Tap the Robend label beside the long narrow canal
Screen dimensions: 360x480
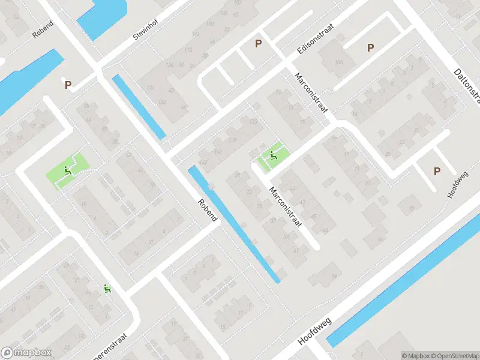coord(207,211)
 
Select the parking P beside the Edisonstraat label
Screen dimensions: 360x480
coord(259,43)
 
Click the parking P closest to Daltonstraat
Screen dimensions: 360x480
coord(371,47)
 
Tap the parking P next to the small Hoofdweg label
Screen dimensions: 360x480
coord(437,172)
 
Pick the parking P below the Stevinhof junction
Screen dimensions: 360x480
coord(68,85)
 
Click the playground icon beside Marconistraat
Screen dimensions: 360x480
coord(274,157)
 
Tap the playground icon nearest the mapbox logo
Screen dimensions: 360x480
coord(107,289)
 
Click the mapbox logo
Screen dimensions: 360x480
coord(26,353)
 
